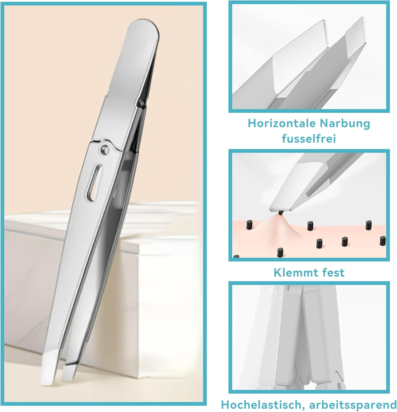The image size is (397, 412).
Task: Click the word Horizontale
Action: coord(281,123)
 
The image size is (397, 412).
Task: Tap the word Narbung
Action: coord(345,123)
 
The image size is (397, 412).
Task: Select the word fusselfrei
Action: coord(309,138)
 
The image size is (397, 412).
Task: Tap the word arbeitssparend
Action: coord(353,405)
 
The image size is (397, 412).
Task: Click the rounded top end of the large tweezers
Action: coord(144,27)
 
